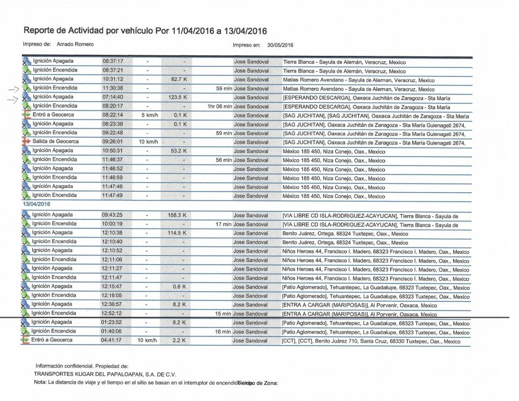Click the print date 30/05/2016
(x=281, y=45)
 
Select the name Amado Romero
(x=75, y=44)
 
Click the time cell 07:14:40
(x=112, y=97)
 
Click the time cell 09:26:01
(x=112, y=141)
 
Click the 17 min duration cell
(x=223, y=224)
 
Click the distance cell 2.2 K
(x=180, y=340)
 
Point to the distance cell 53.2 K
(x=179, y=151)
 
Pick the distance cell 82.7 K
(x=179, y=79)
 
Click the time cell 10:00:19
(x=112, y=224)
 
